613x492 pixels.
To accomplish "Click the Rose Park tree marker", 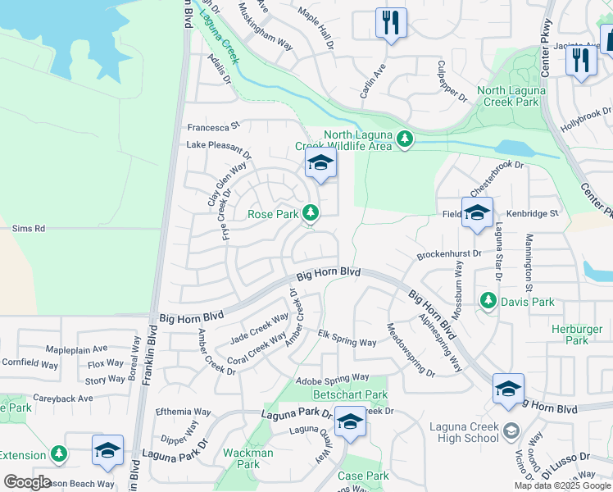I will coord(311,213).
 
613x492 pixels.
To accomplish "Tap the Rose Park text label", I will coord(273,214).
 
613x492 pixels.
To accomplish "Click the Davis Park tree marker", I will coord(489,301).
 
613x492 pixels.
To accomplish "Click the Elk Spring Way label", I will coord(347,337).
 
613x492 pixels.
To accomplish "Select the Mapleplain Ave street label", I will coord(76,348).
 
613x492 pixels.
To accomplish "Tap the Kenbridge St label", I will coord(532,213).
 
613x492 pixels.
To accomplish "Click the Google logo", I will coord(27,482).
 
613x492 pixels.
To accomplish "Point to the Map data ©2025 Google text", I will coord(562,485).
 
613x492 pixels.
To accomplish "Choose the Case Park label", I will coord(363,476).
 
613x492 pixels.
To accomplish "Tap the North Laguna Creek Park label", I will coord(520,97).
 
